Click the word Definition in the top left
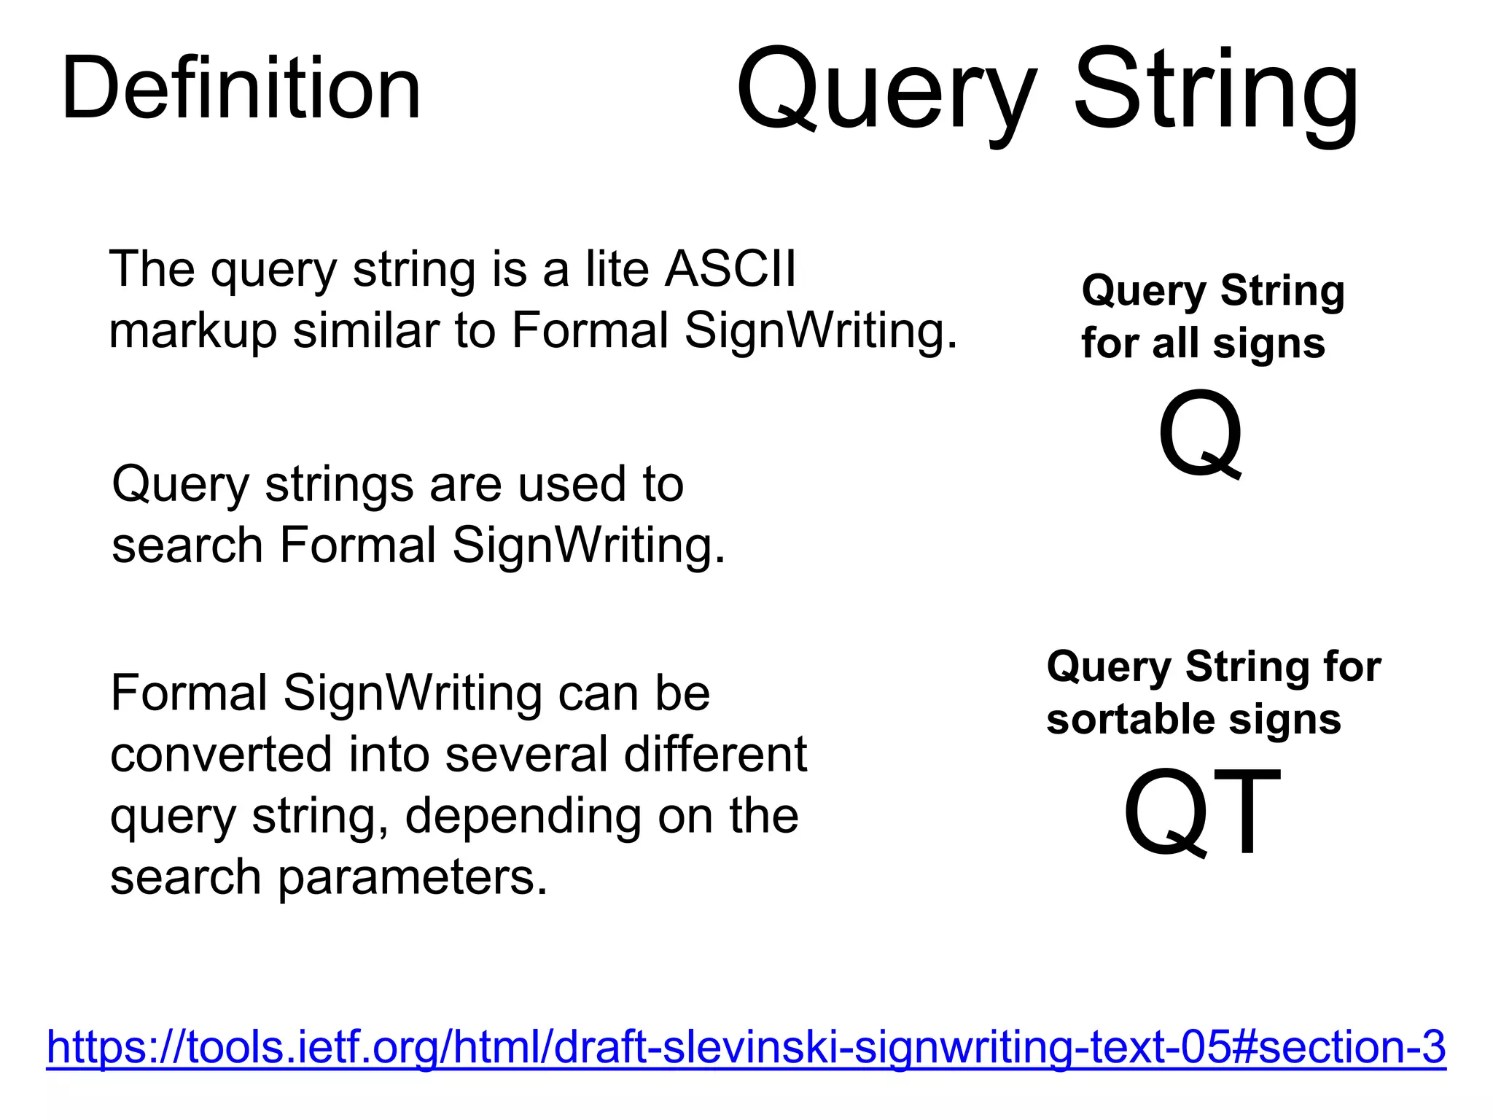[x=241, y=89]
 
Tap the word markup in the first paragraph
[x=192, y=330]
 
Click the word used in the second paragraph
[x=572, y=483]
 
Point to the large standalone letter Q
[x=1199, y=435]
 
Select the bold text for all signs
[x=1203, y=343]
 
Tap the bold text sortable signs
[x=1193, y=719]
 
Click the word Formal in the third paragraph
[x=189, y=692]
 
